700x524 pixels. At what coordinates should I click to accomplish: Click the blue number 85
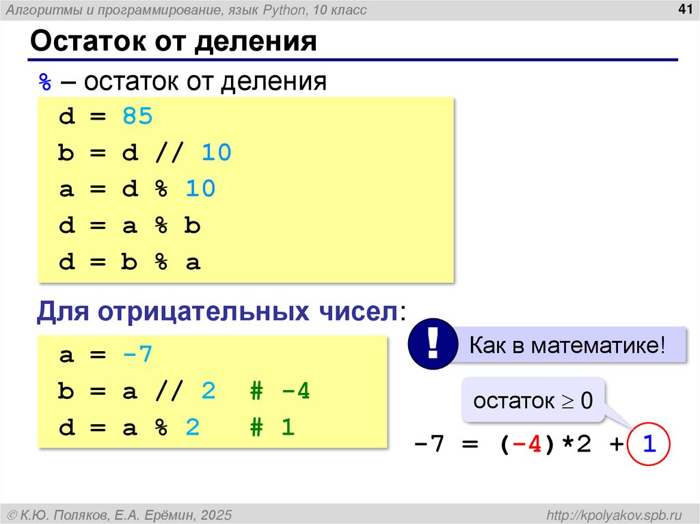pos(138,117)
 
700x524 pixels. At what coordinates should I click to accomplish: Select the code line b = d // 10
pos(145,153)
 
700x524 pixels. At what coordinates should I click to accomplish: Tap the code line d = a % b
pos(130,225)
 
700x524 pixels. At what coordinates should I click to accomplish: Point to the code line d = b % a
pos(130,262)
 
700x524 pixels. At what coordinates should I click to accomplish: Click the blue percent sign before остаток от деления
pos(45,82)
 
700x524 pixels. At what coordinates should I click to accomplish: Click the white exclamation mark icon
pos(431,343)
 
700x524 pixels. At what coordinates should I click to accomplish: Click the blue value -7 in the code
pos(138,355)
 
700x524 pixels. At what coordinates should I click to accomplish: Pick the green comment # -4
pos(280,392)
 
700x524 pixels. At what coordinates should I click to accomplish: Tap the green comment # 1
pos(271,428)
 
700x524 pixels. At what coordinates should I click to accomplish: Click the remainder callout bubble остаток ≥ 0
pos(534,401)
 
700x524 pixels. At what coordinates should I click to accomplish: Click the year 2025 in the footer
pos(212,514)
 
